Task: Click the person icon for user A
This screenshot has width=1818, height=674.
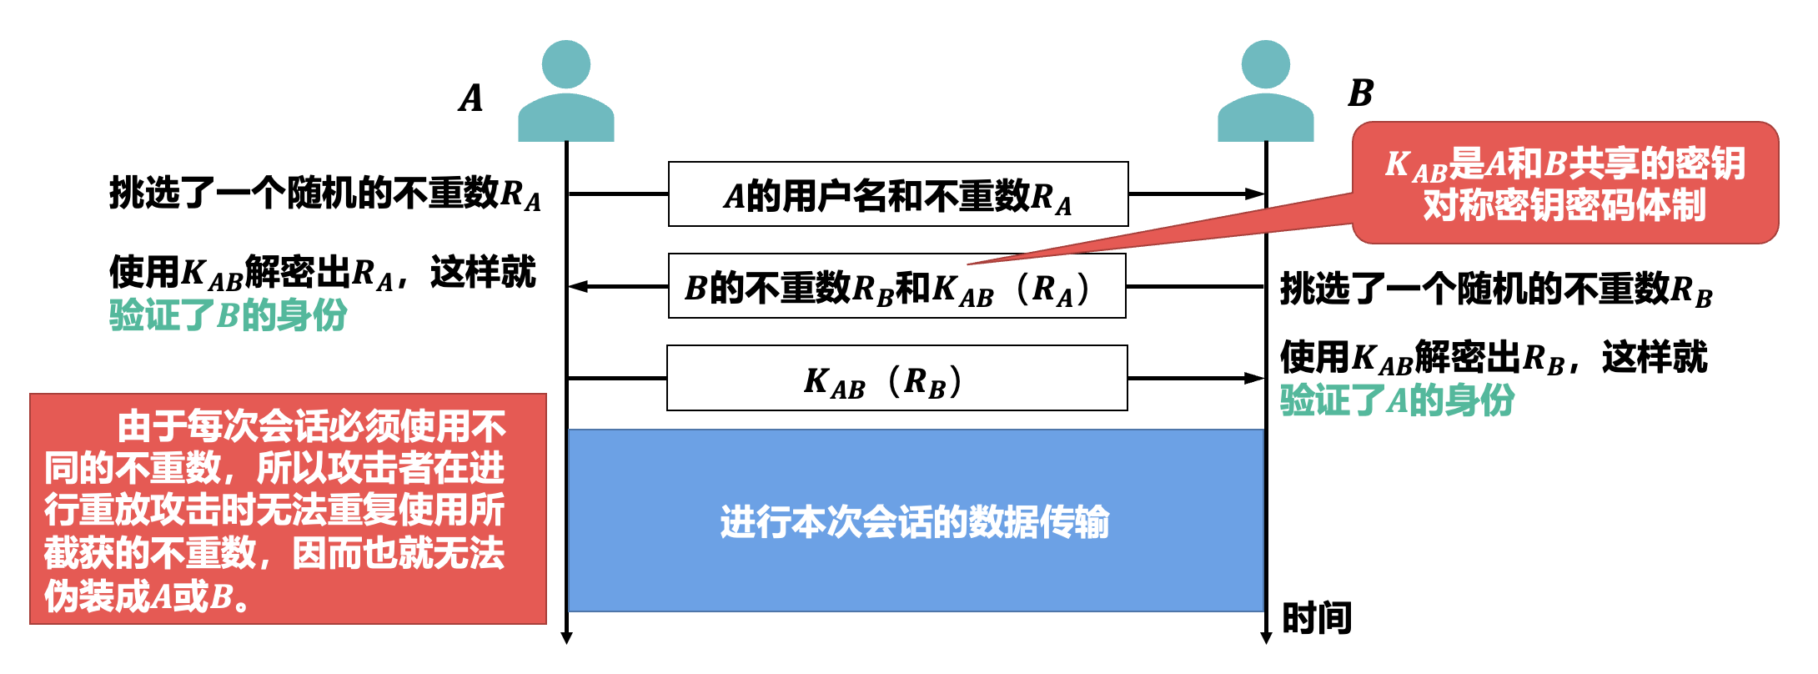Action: coord(565,92)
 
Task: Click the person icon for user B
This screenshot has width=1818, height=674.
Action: coord(1265,92)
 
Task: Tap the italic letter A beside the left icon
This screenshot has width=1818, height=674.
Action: coord(471,98)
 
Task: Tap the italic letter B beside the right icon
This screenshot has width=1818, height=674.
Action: coord(1360,93)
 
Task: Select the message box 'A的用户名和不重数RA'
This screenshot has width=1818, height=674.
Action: coord(898,194)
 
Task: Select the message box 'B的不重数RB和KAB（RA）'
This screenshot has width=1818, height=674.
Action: coord(896,287)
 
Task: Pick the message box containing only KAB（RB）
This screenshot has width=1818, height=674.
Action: coord(896,379)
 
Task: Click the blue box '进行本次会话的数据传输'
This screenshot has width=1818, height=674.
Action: coord(915,521)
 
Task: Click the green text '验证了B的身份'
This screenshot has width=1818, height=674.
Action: coord(228,315)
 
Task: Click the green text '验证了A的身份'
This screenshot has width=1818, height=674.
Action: coord(1397,400)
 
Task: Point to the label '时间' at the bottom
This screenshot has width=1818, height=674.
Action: coord(1316,618)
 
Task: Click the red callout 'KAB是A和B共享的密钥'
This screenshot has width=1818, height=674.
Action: coord(1564,163)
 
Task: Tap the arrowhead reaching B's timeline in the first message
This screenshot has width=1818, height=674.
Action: coord(1256,194)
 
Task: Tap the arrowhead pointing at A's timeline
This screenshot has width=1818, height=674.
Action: coord(577,287)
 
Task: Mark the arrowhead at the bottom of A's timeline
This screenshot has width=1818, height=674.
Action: coord(566,638)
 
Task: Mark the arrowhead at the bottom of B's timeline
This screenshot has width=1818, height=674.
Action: coord(1266,638)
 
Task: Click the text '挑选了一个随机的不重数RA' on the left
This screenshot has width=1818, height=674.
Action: coord(324,194)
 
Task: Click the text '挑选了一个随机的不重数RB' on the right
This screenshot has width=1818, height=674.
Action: coord(1496,290)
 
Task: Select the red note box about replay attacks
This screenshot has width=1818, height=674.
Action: coord(288,509)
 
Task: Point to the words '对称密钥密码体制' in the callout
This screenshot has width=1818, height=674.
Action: coord(1564,205)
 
